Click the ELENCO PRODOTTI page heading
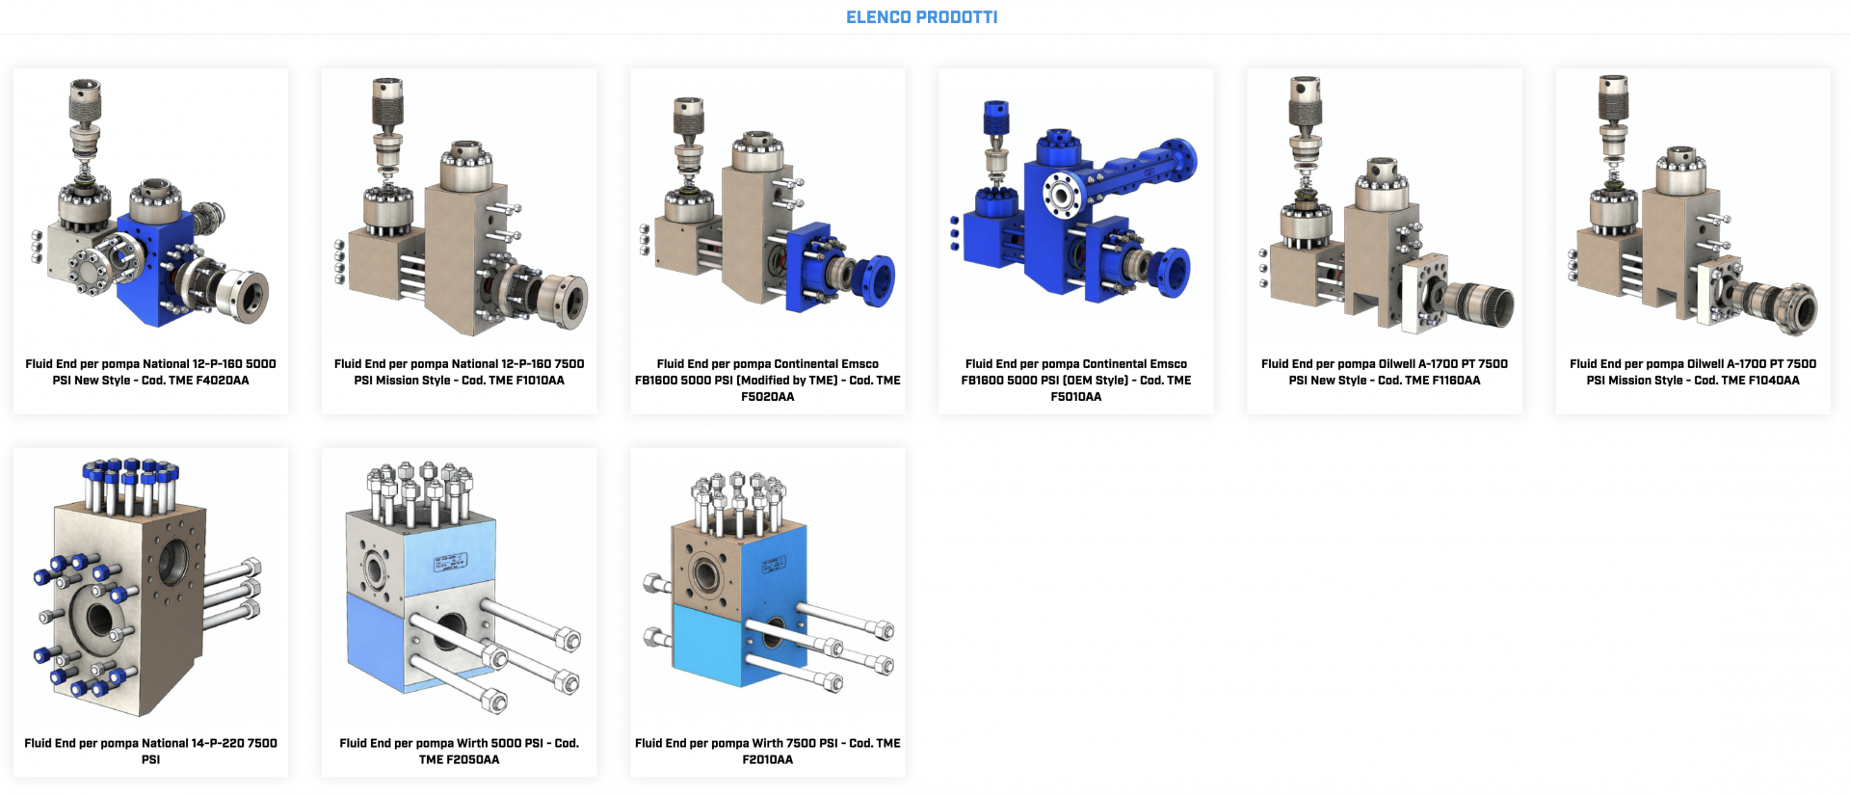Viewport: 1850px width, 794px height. click(921, 17)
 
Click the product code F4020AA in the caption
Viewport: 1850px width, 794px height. click(223, 381)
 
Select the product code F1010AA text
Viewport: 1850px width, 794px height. click(540, 381)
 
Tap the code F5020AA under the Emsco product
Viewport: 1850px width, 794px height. click(768, 397)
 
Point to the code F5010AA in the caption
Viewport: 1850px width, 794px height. click(1076, 397)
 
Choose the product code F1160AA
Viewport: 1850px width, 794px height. click(1455, 381)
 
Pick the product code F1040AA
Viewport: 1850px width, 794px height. click(1774, 381)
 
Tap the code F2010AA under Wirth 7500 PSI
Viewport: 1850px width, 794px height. click(768, 760)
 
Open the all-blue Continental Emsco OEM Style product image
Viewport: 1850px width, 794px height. click(1076, 202)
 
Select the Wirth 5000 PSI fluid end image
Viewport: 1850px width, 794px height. click(460, 588)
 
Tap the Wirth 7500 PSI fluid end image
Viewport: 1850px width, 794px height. click(768, 583)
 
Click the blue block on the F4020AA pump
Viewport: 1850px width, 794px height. click(154, 275)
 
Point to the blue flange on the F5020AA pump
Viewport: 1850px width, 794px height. click(877, 280)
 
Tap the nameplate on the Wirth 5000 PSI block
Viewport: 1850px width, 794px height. click(451, 563)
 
